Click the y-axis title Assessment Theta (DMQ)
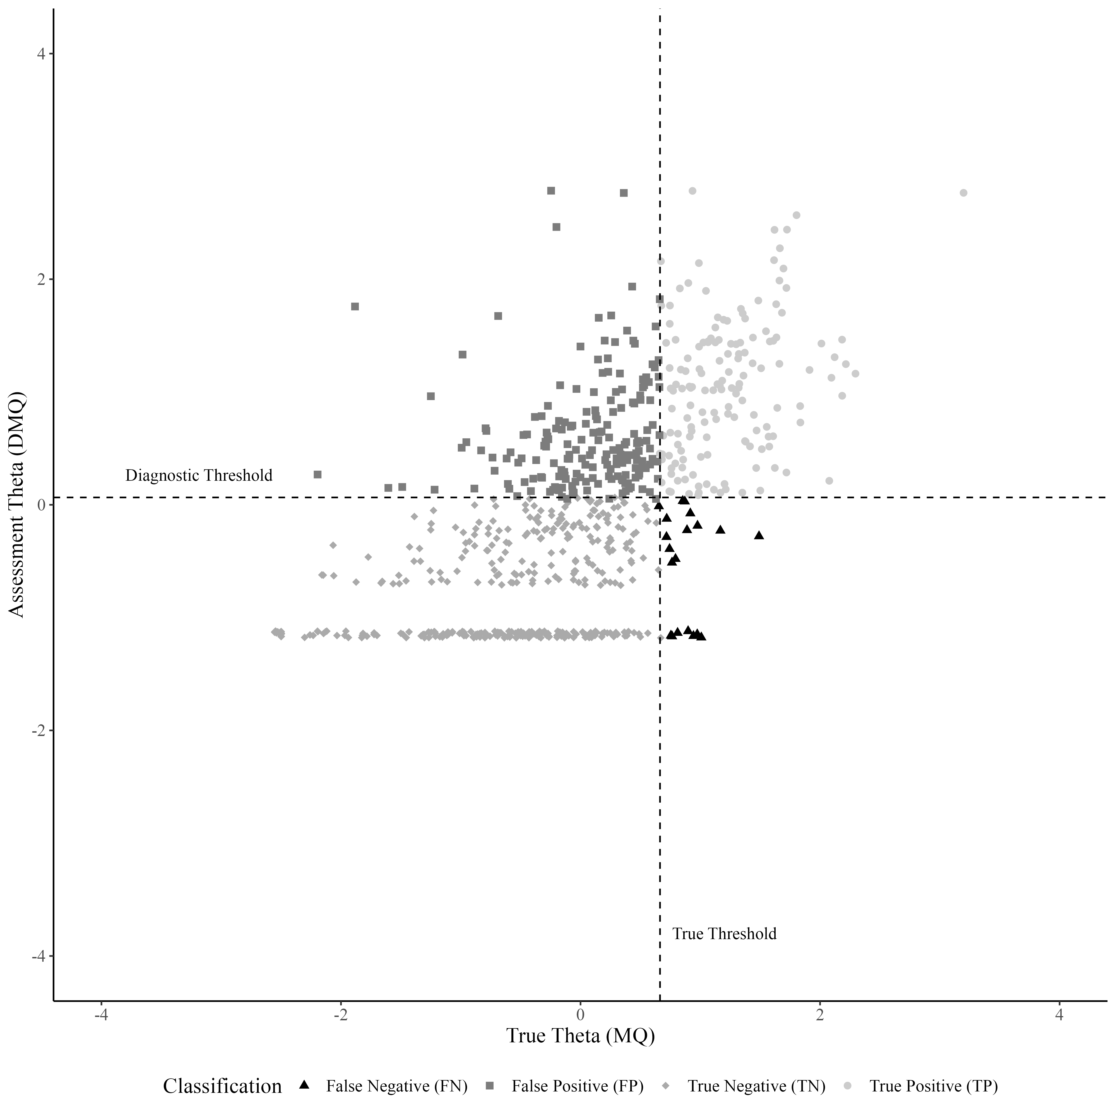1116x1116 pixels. point(17,504)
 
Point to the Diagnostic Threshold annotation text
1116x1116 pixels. point(199,475)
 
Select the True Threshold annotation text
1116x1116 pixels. point(724,934)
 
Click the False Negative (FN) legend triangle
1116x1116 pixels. point(304,1085)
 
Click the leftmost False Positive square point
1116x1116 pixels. point(317,474)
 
